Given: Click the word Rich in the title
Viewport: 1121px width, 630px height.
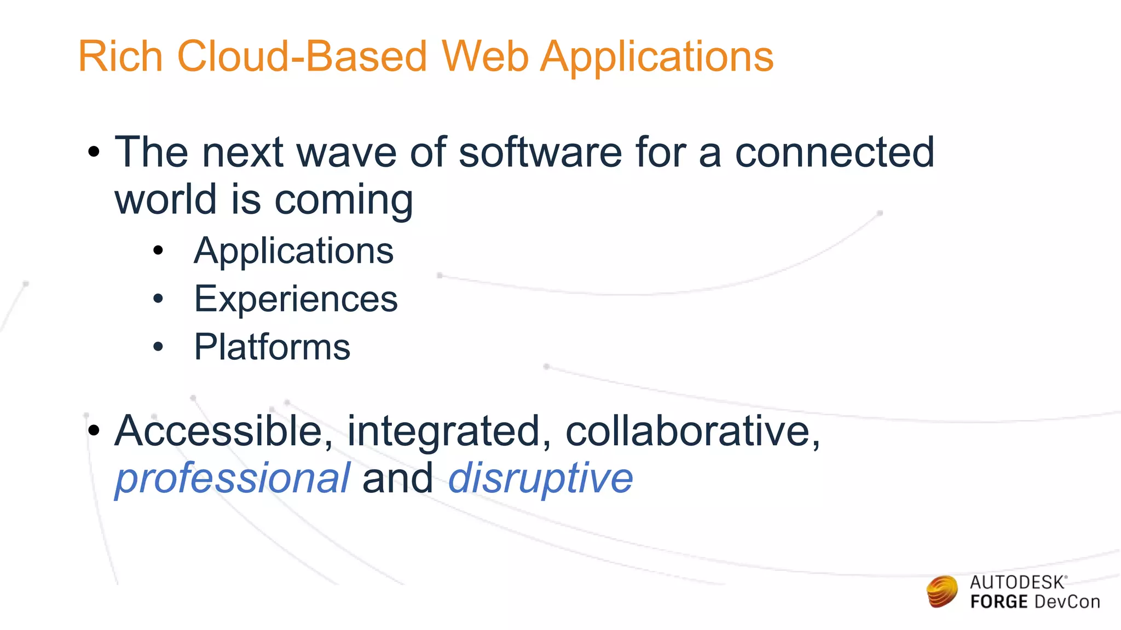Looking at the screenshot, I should tap(120, 56).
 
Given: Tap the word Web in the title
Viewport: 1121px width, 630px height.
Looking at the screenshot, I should tap(485, 56).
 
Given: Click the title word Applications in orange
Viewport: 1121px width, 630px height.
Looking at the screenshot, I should tap(657, 57).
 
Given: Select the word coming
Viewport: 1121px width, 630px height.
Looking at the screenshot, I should tap(344, 200).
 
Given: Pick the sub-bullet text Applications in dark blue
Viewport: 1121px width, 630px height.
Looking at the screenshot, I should tap(294, 251).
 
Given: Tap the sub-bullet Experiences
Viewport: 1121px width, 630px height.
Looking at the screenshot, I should tap(296, 299).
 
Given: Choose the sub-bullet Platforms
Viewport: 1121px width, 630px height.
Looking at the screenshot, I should tap(272, 347).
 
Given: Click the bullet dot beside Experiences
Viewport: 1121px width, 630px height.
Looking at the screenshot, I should tap(158, 299).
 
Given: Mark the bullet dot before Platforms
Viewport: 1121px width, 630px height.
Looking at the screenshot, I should tap(158, 347).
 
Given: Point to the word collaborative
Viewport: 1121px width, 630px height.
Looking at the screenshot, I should tap(692, 431).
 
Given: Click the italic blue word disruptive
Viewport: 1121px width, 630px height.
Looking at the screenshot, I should tap(540, 479).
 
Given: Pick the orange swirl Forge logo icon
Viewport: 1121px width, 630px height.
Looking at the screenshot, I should tap(942, 591).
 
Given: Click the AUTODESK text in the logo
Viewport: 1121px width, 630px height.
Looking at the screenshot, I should tap(1018, 582).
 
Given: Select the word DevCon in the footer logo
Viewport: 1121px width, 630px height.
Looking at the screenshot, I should tap(1067, 602).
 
